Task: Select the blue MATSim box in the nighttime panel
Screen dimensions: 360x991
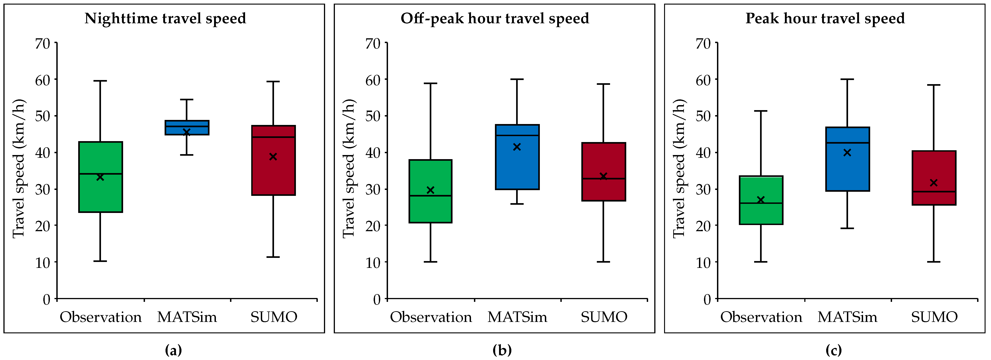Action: tap(187, 127)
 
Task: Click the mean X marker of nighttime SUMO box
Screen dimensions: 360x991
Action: tap(273, 157)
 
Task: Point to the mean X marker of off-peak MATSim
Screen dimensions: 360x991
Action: tap(517, 147)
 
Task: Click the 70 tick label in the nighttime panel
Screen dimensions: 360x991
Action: tap(43, 44)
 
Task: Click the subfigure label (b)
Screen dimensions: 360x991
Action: tap(502, 350)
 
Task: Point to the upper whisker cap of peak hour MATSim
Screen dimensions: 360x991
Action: tap(847, 79)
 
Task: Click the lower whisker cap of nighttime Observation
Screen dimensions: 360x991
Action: tap(100, 261)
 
